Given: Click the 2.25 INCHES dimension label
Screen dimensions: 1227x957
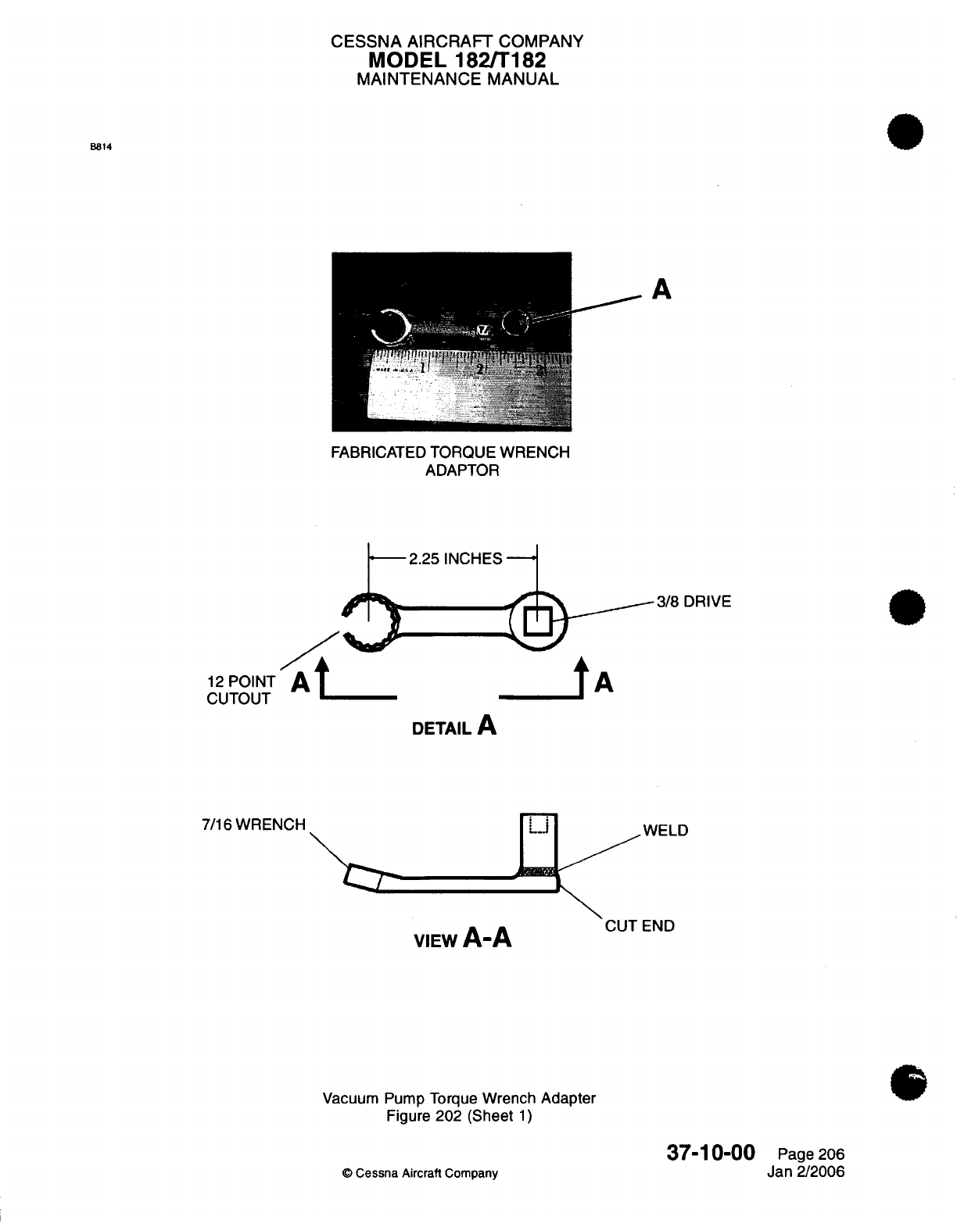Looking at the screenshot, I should pos(455,559).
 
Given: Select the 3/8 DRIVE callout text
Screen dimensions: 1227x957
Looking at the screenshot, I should pos(694,601).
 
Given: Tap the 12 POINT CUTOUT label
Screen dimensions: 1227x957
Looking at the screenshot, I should pos(239,690).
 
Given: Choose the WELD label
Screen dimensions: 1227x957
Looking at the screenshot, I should pos(665,830).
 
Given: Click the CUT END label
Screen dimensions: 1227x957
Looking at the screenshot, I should pos(640,926).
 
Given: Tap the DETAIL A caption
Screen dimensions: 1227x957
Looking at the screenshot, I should pos(454,727).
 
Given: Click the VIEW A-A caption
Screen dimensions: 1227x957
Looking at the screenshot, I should pos(463,937).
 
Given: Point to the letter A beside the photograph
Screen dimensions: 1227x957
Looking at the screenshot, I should pos(661,290).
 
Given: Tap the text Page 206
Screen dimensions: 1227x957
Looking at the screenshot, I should pos(811,1155).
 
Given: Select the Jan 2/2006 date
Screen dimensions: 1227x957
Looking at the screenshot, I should pos(806,1172).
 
